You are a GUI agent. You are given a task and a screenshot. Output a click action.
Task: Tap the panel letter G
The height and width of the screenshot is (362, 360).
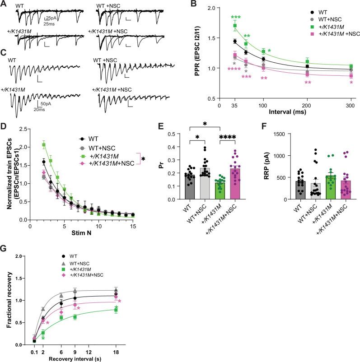pyautogui.click(x=4, y=250)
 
